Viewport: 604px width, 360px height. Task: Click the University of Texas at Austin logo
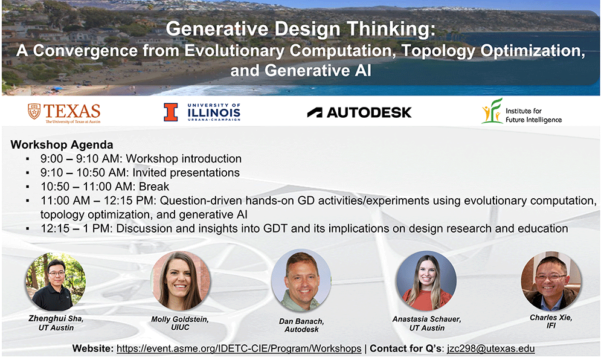click(64, 113)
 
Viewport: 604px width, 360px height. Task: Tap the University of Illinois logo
click(202, 112)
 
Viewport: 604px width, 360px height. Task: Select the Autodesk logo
click(359, 112)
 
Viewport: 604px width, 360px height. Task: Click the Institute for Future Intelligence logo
click(522, 111)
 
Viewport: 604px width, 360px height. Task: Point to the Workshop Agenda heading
click(62, 145)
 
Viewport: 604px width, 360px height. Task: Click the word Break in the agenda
click(154, 187)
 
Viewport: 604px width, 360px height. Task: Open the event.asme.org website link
click(239, 349)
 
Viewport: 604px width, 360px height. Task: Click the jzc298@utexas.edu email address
click(490, 349)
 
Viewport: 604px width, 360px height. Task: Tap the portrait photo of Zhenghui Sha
click(56, 281)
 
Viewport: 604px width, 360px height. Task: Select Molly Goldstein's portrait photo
click(181, 281)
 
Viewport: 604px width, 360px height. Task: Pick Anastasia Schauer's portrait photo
click(426, 281)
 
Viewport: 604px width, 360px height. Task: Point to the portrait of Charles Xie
click(551, 281)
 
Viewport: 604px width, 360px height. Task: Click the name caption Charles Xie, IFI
click(551, 322)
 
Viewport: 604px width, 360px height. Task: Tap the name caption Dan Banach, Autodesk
click(301, 326)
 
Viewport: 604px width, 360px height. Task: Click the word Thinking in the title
click(391, 29)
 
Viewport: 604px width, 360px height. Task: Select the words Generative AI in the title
click(318, 71)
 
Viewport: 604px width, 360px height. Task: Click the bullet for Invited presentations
click(28, 173)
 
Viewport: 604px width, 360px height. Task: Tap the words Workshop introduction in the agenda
click(184, 159)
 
